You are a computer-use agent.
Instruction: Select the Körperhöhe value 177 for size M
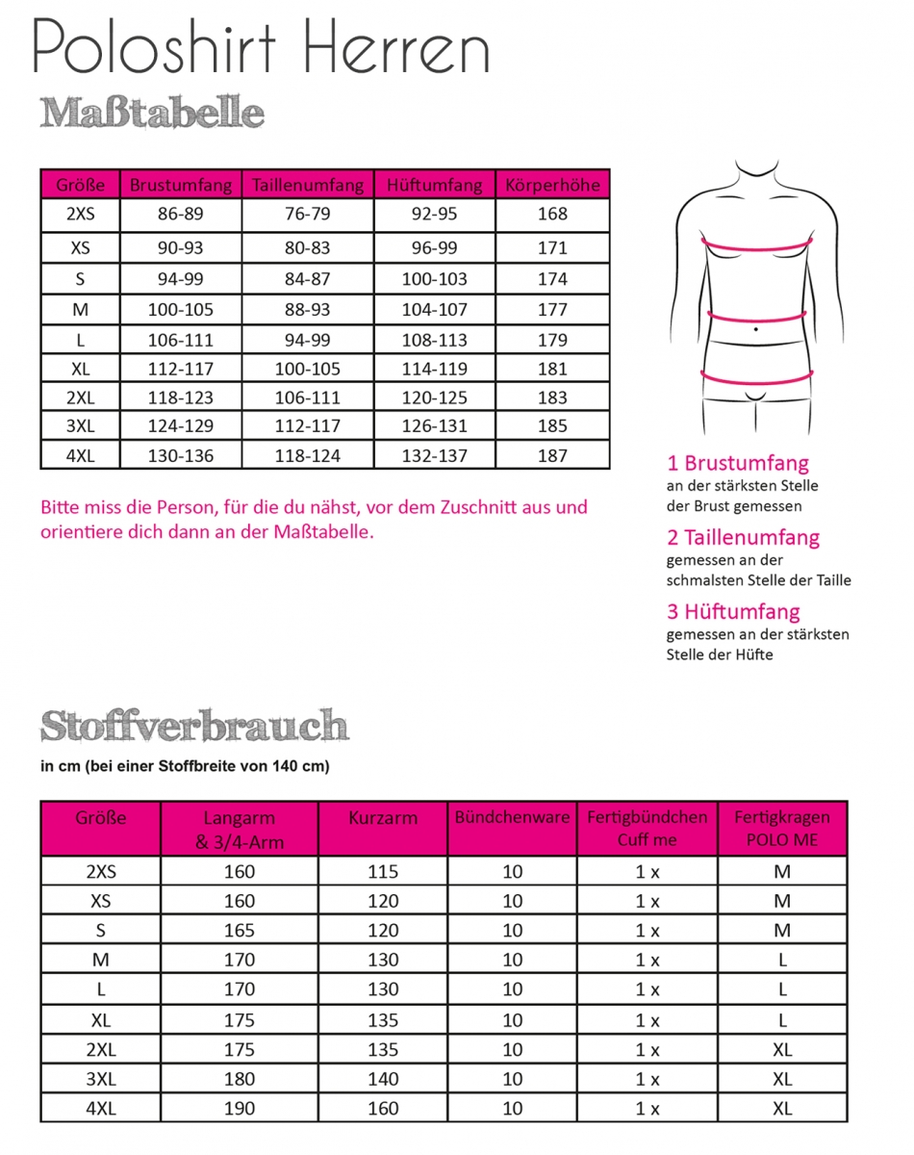[x=552, y=310]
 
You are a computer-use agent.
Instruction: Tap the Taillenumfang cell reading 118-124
[x=306, y=456]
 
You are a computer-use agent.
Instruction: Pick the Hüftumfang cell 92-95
[x=434, y=215]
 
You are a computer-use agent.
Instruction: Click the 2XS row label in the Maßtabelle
[x=81, y=215]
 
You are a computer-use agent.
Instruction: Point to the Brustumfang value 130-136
[x=180, y=456]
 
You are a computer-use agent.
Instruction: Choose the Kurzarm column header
[x=383, y=818]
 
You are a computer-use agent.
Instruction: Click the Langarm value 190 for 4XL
[x=240, y=1109]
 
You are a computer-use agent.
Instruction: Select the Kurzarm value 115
[x=383, y=872]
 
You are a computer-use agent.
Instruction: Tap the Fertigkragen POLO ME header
[x=781, y=828]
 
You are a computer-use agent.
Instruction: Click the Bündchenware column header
[x=512, y=818]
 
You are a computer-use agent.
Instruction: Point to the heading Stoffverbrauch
[x=193, y=726]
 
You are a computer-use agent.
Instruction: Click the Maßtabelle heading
[x=152, y=114]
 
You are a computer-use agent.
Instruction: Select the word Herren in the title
[x=385, y=46]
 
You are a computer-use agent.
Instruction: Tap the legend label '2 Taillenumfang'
[x=743, y=537]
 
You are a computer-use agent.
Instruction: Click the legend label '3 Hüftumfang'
[x=733, y=611]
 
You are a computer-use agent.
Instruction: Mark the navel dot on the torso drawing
[x=756, y=330]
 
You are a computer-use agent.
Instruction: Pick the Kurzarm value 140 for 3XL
[x=383, y=1079]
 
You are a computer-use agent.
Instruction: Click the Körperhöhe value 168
[x=552, y=215]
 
